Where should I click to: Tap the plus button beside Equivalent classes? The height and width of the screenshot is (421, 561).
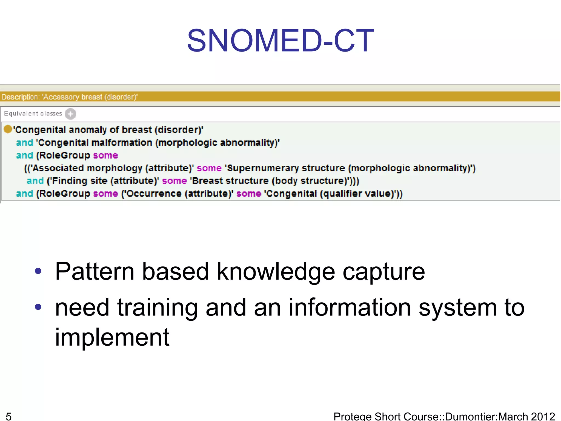(x=70, y=114)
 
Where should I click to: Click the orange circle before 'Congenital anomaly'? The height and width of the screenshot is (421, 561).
(x=8, y=129)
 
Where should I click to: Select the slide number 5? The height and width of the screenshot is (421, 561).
(x=9, y=416)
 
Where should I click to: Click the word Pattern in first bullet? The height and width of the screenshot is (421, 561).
(x=95, y=271)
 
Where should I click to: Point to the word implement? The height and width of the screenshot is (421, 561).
(x=112, y=337)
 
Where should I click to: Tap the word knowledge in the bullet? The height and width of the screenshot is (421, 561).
(x=276, y=271)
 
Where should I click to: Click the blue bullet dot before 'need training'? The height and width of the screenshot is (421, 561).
(x=38, y=307)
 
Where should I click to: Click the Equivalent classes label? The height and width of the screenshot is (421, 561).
(x=33, y=113)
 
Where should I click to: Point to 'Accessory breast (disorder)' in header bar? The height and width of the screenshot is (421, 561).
(x=90, y=97)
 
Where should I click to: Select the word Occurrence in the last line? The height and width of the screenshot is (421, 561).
(x=154, y=194)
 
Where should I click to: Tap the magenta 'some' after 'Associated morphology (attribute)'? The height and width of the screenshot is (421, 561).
(x=209, y=168)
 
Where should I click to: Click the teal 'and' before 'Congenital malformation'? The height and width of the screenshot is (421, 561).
(x=24, y=143)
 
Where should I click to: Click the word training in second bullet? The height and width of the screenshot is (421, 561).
(x=158, y=308)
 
